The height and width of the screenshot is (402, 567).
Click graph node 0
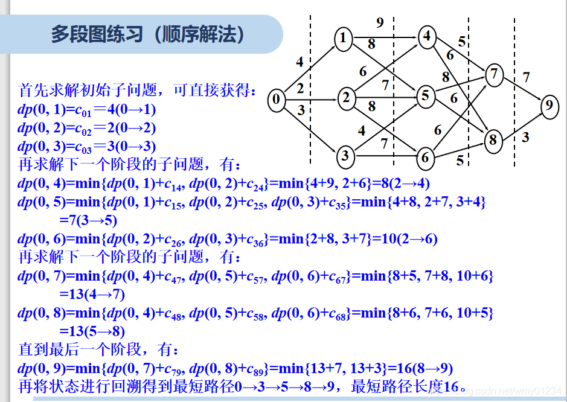point(277,100)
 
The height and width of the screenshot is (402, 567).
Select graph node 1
point(344,39)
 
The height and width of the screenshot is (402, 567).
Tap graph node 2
point(345,97)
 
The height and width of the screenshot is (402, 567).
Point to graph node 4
point(427,36)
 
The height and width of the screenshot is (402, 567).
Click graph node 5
point(426,95)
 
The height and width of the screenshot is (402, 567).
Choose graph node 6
point(426,158)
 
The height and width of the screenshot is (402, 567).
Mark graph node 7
point(495,75)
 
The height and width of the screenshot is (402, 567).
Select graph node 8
point(493,141)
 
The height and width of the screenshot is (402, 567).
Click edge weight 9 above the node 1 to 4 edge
point(380,23)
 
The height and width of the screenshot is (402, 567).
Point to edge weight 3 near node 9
point(525,138)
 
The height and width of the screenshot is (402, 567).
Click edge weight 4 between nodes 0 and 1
point(300,62)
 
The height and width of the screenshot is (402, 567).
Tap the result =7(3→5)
point(88,220)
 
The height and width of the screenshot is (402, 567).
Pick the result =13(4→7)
point(92,295)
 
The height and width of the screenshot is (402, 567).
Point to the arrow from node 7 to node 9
point(522,90)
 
